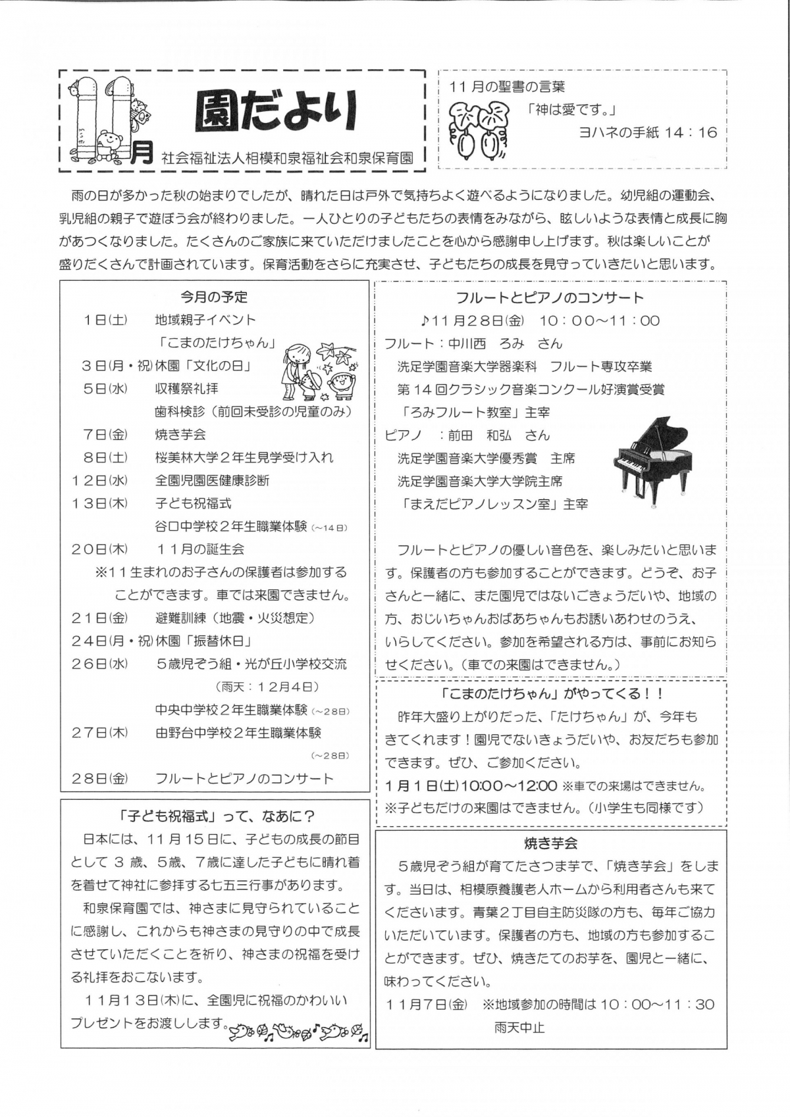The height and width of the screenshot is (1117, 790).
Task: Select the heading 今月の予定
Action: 214,297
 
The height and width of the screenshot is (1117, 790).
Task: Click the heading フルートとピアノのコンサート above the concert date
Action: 550,298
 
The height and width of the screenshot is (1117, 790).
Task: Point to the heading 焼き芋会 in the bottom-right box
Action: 551,843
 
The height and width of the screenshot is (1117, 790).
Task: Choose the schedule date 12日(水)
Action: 99,481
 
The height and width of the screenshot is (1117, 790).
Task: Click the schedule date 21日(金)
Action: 99,618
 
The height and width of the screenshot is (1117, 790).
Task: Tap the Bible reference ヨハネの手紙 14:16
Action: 647,133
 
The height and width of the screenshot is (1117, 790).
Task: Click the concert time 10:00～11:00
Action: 599,321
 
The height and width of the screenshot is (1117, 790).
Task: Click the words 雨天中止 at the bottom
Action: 519,1028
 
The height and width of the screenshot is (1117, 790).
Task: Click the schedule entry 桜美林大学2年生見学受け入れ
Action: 244,458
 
